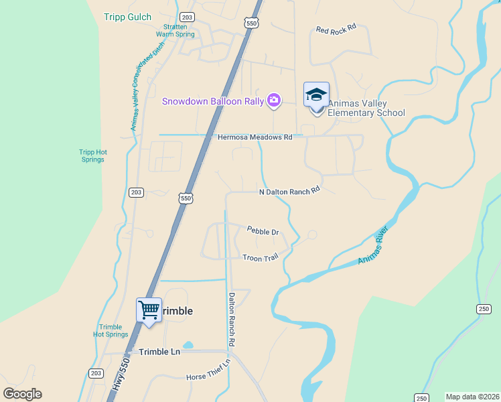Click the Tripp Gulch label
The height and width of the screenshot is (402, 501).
coord(128,17)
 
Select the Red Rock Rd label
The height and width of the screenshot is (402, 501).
coord(336,29)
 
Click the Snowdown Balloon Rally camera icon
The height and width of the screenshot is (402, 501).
coord(273,101)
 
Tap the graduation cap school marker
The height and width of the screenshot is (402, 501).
coord(316,95)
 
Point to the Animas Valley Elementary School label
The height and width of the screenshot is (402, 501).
coord(366,108)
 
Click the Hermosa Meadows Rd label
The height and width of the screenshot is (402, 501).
coord(255,137)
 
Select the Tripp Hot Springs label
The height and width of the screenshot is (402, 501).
coord(92,155)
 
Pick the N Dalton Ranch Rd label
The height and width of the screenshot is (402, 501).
coord(290,191)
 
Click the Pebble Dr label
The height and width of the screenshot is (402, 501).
coord(263,231)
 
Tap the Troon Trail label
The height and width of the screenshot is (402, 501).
coord(260,257)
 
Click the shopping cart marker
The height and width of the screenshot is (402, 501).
coord(149,310)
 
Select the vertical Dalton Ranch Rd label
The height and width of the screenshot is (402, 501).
coord(232,319)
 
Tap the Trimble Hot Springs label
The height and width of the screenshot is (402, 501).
coord(111,330)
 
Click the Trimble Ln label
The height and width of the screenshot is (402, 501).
coord(159,352)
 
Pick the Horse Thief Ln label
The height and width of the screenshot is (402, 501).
coord(208,370)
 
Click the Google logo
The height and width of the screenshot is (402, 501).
coord(23,394)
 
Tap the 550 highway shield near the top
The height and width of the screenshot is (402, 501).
coord(251,23)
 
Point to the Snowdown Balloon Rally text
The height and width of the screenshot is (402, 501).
coord(212,101)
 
